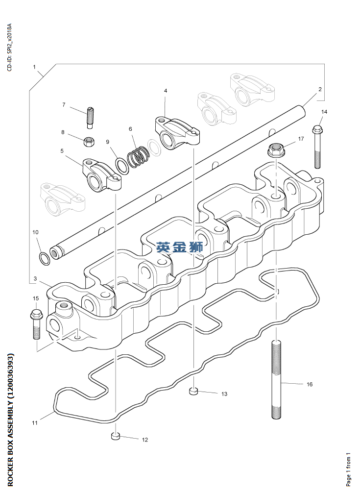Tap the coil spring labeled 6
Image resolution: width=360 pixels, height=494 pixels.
(x=137, y=157)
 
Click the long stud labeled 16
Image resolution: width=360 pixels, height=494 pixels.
(x=276, y=380)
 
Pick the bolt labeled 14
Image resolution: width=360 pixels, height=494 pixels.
(x=317, y=147)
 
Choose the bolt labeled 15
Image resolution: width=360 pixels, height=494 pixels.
(x=36, y=324)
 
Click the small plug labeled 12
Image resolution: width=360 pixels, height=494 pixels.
(x=116, y=436)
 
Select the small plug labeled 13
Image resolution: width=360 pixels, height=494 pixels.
(x=193, y=391)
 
